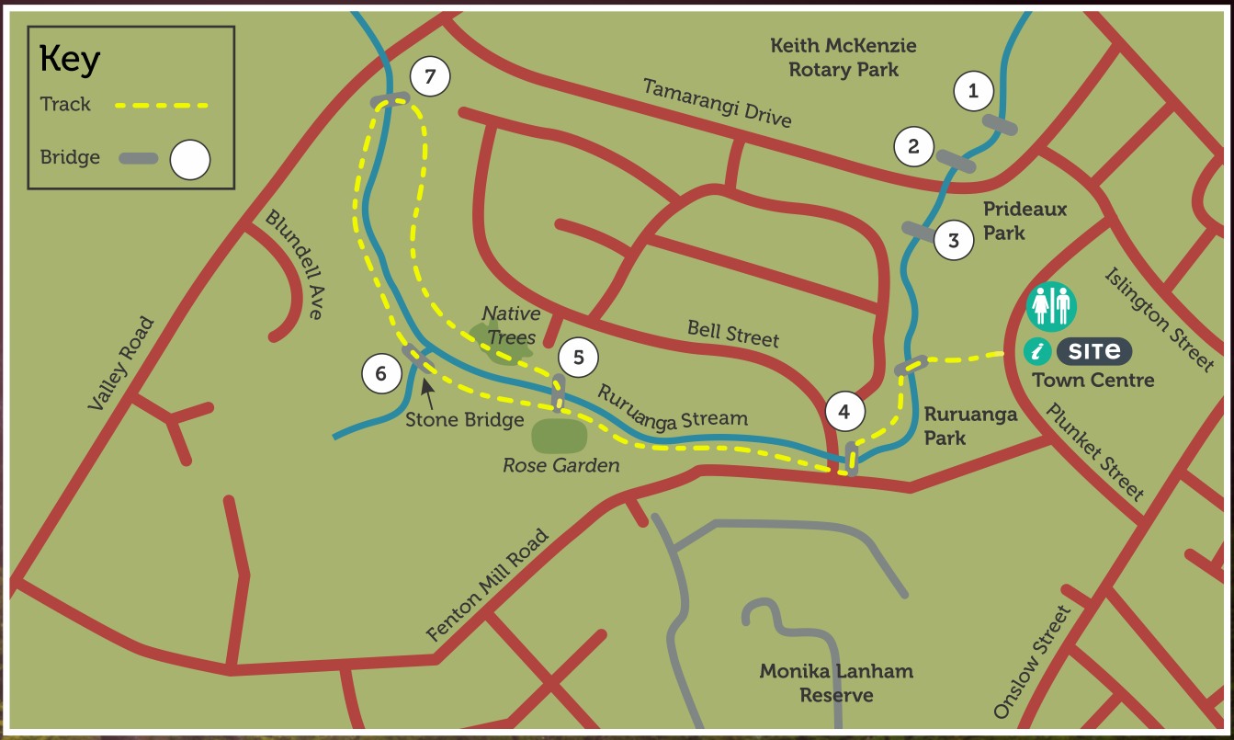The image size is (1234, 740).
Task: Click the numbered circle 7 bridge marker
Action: [430, 76]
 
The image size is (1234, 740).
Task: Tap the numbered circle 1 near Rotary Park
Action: [974, 90]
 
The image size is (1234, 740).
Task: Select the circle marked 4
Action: [844, 411]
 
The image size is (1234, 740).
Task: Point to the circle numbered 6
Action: [381, 373]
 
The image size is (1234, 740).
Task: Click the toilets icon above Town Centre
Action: [1051, 306]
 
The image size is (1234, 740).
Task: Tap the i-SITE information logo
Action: [1078, 350]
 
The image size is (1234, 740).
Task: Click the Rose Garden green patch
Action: [559, 435]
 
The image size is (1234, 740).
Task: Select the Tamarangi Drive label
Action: [717, 102]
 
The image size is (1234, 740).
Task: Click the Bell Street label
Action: [732, 333]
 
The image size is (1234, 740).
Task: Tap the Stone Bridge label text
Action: [465, 420]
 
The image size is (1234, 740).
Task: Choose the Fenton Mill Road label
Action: [488, 586]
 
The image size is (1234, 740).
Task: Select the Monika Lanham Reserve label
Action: [836, 683]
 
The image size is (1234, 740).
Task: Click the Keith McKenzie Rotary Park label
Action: [843, 57]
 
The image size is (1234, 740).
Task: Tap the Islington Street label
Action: [1159, 319]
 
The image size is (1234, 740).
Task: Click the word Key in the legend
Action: [70, 61]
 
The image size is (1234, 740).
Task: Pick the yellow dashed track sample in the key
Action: [162, 105]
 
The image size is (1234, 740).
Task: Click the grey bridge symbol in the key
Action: [137, 158]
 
